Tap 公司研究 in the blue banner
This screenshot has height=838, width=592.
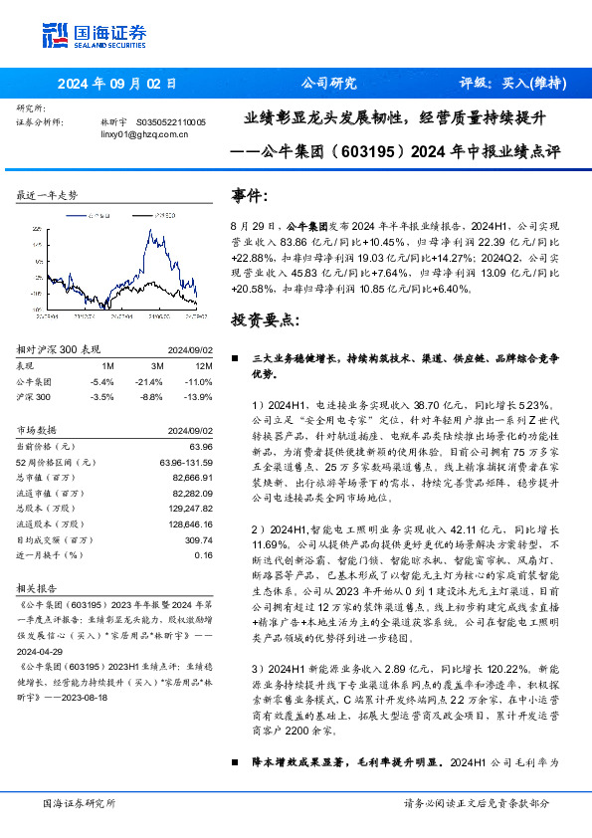point(328,84)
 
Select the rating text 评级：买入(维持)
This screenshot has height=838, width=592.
point(508,84)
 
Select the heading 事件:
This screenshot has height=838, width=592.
point(250,196)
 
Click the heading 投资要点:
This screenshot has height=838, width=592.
point(264,320)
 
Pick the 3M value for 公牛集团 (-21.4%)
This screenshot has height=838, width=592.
point(149,381)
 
